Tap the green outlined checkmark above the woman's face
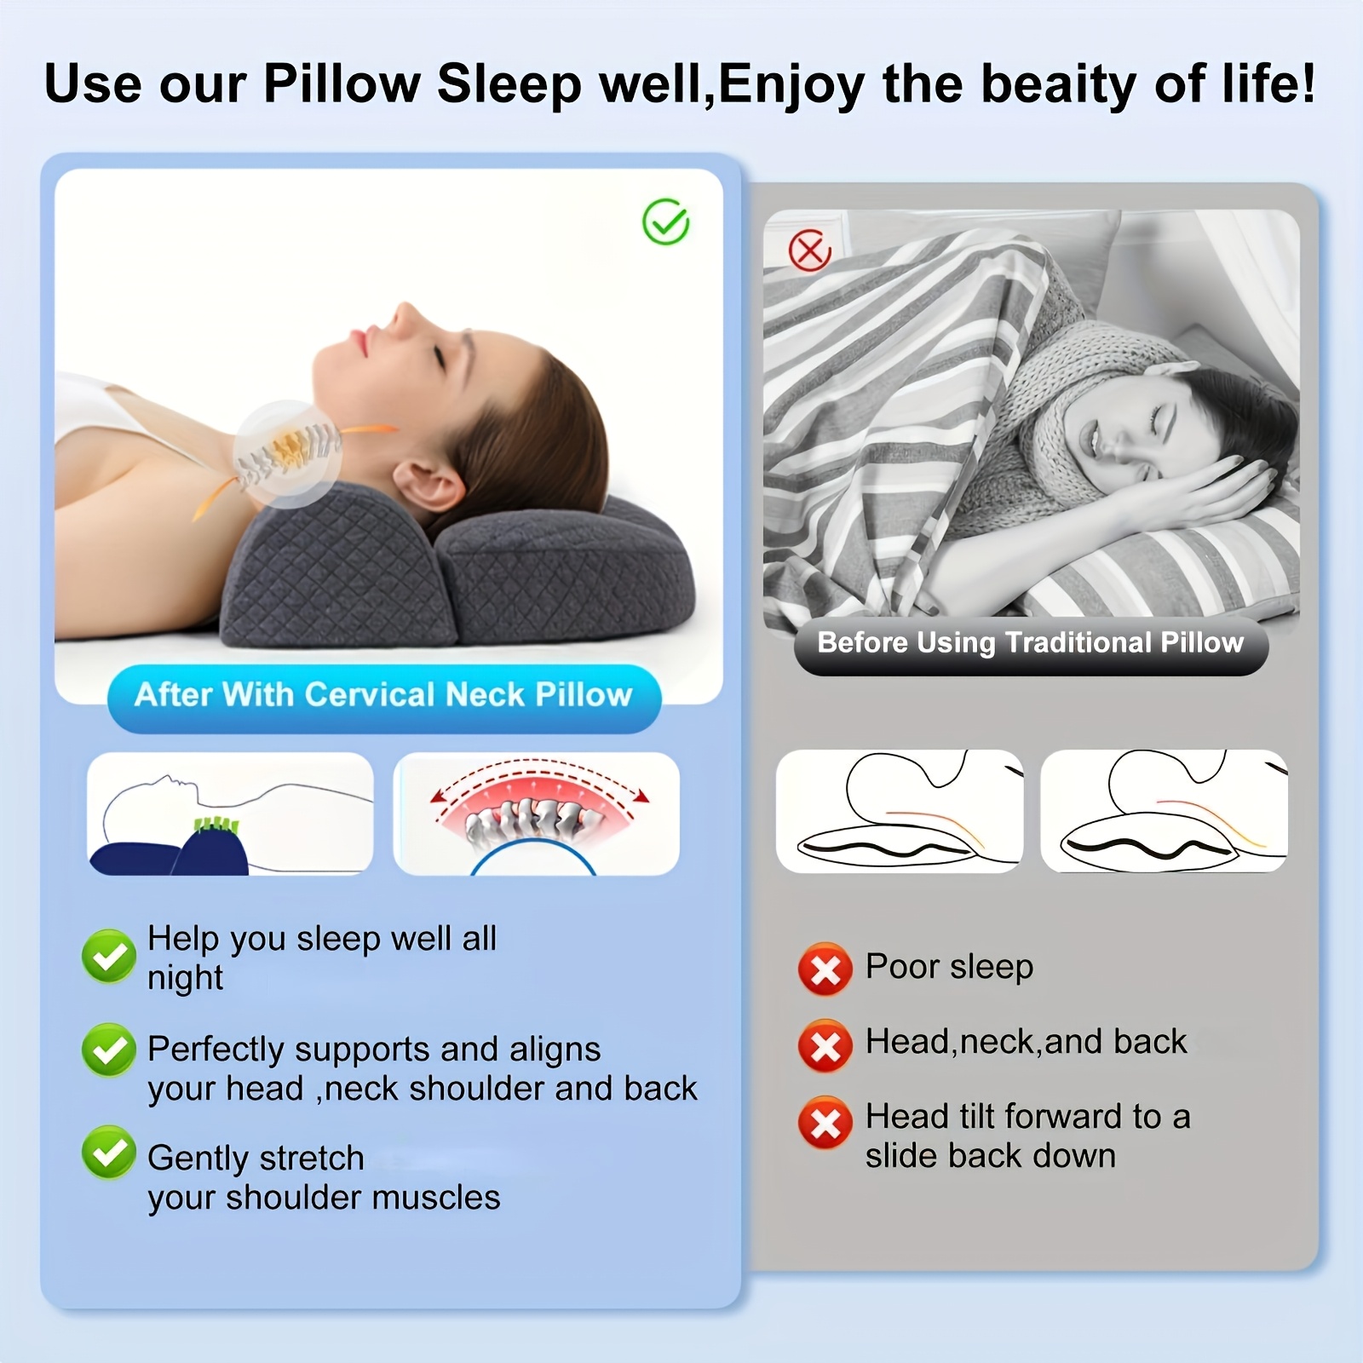click(x=665, y=222)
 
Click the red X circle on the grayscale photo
click(x=809, y=250)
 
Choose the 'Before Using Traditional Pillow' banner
click(x=1031, y=643)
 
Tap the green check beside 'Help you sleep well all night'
click(x=109, y=956)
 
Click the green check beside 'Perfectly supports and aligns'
click(x=109, y=1050)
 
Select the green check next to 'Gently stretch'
click(x=109, y=1153)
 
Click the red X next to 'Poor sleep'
click(x=825, y=969)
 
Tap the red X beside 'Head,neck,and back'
click(x=825, y=1045)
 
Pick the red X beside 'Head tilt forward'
click(x=825, y=1123)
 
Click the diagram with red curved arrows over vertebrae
click(x=537, y=814)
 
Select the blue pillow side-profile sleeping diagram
click(x=230, y=814)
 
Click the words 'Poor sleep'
click(x=949, y=968)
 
